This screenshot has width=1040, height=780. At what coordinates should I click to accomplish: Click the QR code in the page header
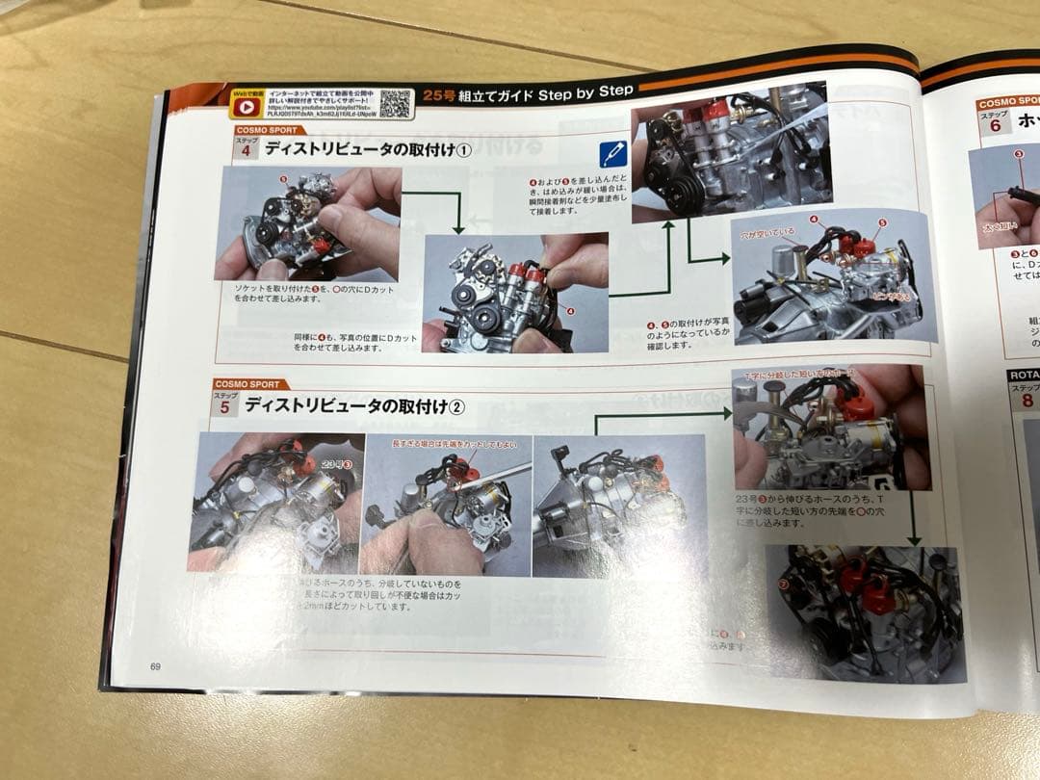[396, 102]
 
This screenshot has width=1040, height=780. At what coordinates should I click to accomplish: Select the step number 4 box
[247, 152]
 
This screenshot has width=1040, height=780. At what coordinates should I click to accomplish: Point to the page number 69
[155, 666]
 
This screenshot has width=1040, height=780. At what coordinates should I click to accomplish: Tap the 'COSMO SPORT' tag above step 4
[270, 130]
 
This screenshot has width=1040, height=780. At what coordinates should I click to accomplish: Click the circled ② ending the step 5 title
[457, 406]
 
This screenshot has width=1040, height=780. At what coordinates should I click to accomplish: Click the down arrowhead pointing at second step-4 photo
[458, 228]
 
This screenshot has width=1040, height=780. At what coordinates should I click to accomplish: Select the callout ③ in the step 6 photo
[1018, 152]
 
